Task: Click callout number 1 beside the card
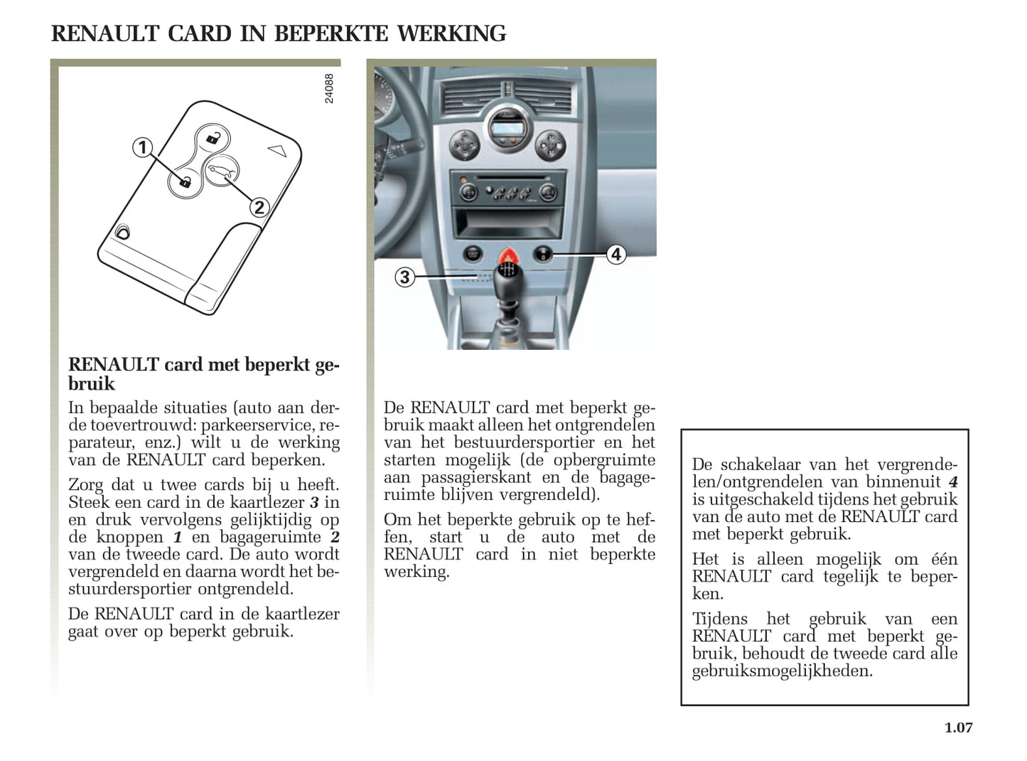click(143, 147)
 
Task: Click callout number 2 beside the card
click(259, 207)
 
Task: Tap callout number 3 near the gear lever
click(404, 277)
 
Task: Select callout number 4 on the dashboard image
click(615, 254)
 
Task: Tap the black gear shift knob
click(508, 278)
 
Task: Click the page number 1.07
click(958, 727)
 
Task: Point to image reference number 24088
click(329, 88)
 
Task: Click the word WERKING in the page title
click(451, 33)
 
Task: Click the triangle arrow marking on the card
click(276, 150)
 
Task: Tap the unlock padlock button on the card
click(212, 137)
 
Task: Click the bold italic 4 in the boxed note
click(952, 482)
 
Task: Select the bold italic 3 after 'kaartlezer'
click(313, 502)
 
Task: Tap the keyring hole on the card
click(123, 232)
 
